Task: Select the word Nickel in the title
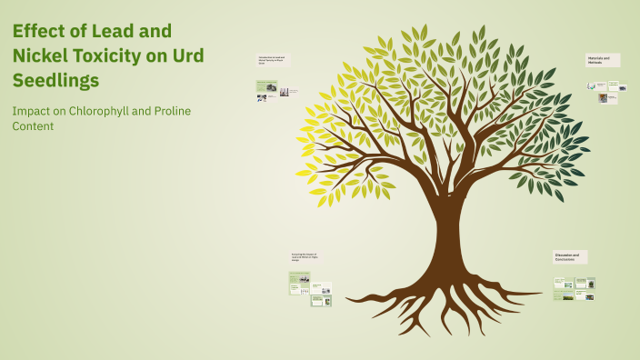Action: (x=45, y=55)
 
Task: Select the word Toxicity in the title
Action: (x=121, y=55)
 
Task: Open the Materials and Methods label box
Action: (x=603, y=59)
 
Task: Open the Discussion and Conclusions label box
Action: (x=570, y=257)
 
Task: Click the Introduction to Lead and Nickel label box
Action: (x=273, y=60)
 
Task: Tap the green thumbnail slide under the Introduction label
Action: (x=266, y=87)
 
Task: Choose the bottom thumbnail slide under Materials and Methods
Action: (x=604, y=98)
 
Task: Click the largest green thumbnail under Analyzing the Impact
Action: (x=297, y=287)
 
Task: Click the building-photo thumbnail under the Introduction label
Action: (x=285, y=92)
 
